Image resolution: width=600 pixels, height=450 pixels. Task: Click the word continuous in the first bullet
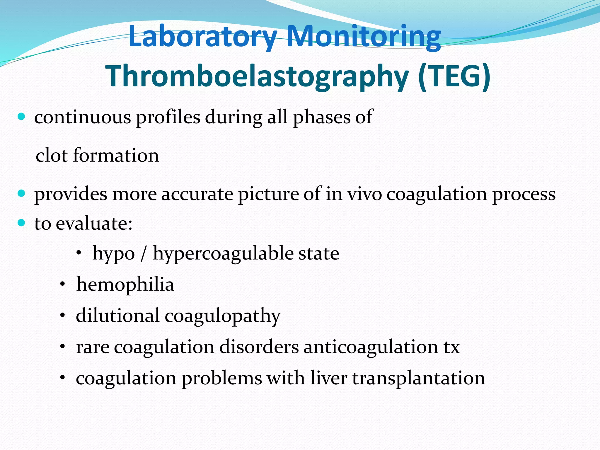[83, 117]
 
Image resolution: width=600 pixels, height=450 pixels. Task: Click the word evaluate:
[94, 224]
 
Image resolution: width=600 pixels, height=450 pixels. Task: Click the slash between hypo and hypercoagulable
[143, 254]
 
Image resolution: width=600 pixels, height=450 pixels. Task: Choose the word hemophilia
[125, 285]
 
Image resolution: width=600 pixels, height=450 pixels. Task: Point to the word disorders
[259, 347]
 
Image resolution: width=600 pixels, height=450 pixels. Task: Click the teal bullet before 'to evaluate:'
[21, 223]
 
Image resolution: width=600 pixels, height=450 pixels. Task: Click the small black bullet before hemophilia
[62, 284]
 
